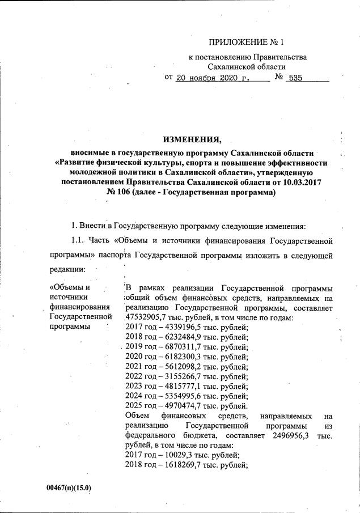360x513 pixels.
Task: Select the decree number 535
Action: tap(296, 78)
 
